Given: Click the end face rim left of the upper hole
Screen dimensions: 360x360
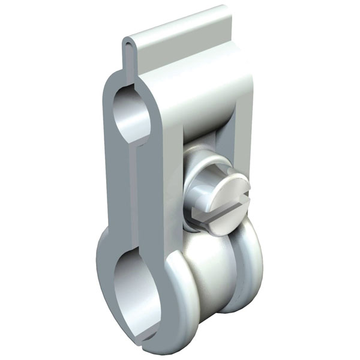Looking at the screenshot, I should coord(108,120).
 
